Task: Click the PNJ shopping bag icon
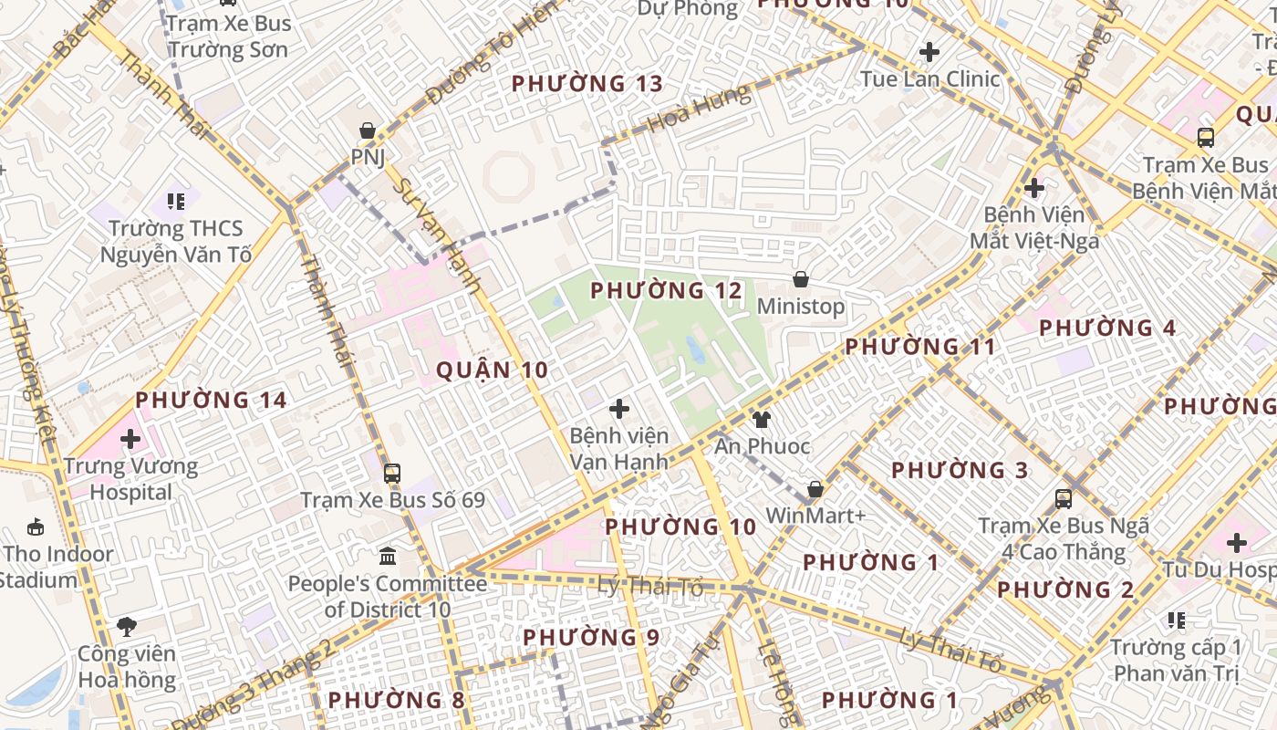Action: pyautogui.click(x=368, y=131)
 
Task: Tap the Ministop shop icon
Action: pyautogui.click(x=801, y=279)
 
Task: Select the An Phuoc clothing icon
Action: pyautogui.click(x=761, y=420)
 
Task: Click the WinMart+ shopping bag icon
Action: pyautogui.click(x=815, y=489)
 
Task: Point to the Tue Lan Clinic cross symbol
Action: pyautogui.click(x=929, y=52)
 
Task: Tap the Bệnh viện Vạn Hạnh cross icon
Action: pyautogui.click(x=619, y=409)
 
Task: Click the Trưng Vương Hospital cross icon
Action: pyautogui.click(x=130, y=439)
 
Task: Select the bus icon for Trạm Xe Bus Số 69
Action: pyautogui.click(x=392, y=474)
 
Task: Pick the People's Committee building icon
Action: pyautogui.click(x=388, y=556)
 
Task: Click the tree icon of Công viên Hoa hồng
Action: pyautogui.click(x=127, y=627)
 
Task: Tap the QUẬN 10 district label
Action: pyautogui.click(x=493, y=370)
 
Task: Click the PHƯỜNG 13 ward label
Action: pyautogui.click(x=587, y=84)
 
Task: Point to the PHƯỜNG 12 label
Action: pyautogui.click(x=667, y=291)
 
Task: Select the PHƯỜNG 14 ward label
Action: pyautogui.click(x=211, y=400)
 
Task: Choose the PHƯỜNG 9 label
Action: pyautogui.click(x=591, y=637)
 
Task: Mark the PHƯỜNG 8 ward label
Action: pyautogui.click(x=396, y=700)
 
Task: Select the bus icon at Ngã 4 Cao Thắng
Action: pyautogui.click(x=1064, y=499)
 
